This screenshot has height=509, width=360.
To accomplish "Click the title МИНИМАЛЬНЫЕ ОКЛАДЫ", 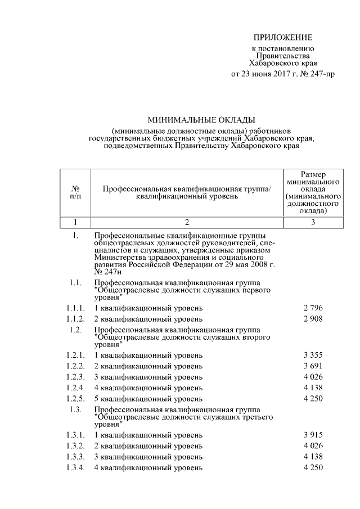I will point(201,119).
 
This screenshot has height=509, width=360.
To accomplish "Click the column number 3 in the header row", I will point(313,222).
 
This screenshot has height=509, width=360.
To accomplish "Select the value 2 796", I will point(313,308).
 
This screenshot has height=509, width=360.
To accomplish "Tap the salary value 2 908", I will point(313,319).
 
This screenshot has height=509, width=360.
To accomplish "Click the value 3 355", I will point(313,356).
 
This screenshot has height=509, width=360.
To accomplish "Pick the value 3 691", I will point(313,366).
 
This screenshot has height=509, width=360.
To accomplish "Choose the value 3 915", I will point(313,435).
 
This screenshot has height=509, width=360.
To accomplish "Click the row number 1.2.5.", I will point(75,398).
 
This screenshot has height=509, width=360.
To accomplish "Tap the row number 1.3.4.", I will point(75,467).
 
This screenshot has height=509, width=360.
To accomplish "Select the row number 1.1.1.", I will point(75,308).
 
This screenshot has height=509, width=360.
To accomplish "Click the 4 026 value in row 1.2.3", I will point(313,377).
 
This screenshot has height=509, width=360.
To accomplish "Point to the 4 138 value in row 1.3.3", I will point(313,457).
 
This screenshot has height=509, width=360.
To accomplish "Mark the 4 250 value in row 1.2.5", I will point(313,398).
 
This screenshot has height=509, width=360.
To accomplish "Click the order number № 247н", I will point(107,272).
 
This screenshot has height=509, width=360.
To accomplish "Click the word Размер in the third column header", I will point(313,175).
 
